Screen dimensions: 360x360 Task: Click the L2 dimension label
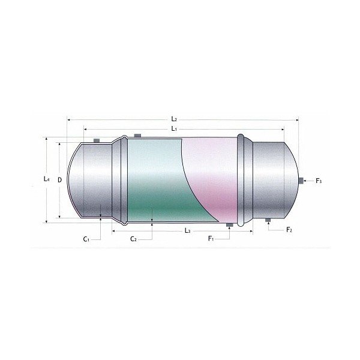tap(173, 120)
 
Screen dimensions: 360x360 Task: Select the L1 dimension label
tap(173, 129)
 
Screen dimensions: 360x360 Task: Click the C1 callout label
tap(86, 239)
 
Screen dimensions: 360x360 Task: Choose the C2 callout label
tap(134, 239)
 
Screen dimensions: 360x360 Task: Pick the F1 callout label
tap(211, 239)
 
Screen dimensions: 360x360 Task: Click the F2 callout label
tap(289, 230)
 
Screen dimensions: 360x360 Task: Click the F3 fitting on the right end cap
tap(301, 180)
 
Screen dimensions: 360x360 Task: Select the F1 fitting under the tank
tap(229, 226)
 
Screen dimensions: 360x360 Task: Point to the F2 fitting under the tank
tap(269, 221)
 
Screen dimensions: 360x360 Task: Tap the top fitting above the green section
tap(137, 135)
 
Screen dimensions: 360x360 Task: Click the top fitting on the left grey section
tap(96, 141)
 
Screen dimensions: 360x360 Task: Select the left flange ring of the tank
tap(124, 179)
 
